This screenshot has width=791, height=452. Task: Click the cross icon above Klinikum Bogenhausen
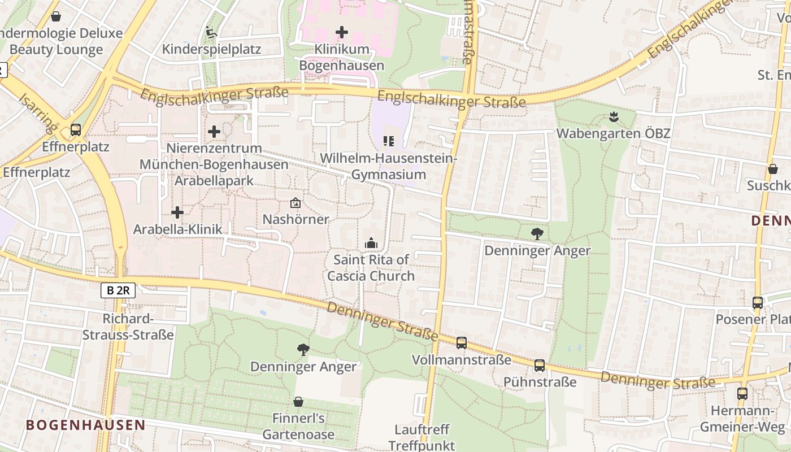342,32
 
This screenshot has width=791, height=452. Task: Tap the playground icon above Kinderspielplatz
211,32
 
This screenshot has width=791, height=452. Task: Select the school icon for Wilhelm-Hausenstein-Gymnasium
388,141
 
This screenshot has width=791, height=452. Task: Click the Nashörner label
295,219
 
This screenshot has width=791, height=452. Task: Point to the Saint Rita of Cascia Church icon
371,243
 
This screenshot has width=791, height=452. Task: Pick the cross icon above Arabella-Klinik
177,212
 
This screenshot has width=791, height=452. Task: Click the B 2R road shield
118,290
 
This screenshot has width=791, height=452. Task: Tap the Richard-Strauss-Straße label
128,327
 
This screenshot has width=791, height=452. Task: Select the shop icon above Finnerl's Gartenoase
298,402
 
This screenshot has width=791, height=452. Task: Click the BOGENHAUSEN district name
85,425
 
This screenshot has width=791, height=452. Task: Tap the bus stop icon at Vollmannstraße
462,342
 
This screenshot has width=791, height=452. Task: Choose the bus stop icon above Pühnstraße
540,366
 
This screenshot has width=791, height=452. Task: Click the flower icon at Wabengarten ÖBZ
613,117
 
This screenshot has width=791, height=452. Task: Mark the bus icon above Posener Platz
758,302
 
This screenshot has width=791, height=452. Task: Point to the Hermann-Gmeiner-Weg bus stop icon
742,394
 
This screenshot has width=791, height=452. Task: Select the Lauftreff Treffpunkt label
421,437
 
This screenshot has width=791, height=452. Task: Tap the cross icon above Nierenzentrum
214,132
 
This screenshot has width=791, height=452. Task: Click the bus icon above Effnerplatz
75,130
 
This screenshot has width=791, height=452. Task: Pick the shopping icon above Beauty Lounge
55,16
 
